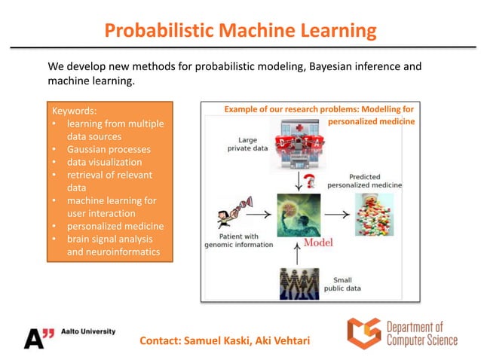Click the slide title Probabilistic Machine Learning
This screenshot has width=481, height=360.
click(x=240, y=30)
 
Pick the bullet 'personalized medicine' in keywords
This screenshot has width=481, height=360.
click(x=115, y=226)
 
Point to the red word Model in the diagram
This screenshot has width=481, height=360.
click(x=318, y=243)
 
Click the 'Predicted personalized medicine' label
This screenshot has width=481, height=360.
click(x=370, y=181)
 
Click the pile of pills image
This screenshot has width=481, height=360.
click(x=374, y=215)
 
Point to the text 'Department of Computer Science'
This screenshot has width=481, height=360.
click(x=421, y=333)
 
